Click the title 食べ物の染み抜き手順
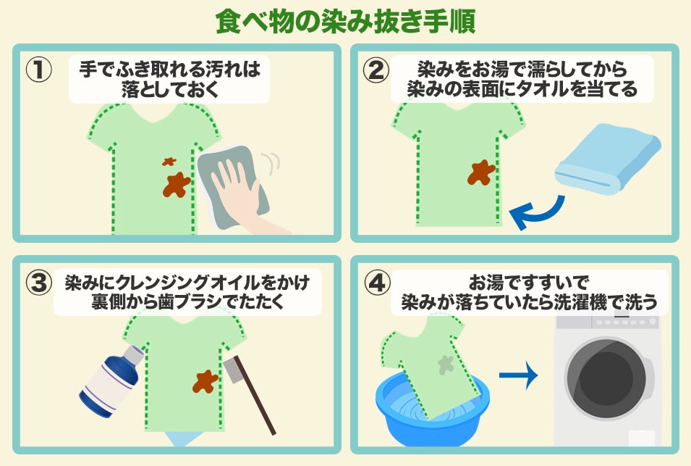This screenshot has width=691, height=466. point(345,21)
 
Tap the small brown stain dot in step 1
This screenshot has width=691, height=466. point(169,162)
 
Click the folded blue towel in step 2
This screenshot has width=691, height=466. point(609,159)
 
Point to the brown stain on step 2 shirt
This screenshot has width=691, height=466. point(481,172)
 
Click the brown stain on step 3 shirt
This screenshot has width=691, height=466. point(205,380)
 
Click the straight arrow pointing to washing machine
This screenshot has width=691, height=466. point(519,375)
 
